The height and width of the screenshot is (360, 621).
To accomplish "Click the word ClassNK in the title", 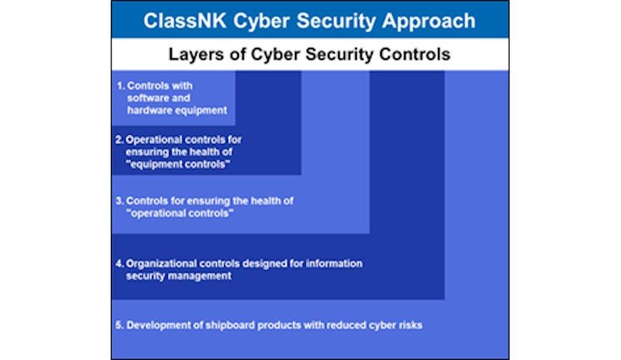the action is tap(185, 21).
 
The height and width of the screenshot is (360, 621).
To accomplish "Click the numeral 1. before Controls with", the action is tap(121, 86).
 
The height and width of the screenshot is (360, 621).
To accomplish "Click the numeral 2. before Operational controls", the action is tap(119, 140).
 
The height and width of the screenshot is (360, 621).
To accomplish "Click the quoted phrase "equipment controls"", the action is tap(178, 164).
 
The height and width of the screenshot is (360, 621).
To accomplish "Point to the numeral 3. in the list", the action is tap(119, 201).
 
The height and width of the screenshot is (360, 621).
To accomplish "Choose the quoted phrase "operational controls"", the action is tap(180, 213).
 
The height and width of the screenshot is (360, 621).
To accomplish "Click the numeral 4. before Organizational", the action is tap(119, 263).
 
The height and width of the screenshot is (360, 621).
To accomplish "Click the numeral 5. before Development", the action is tap(119, 326).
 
